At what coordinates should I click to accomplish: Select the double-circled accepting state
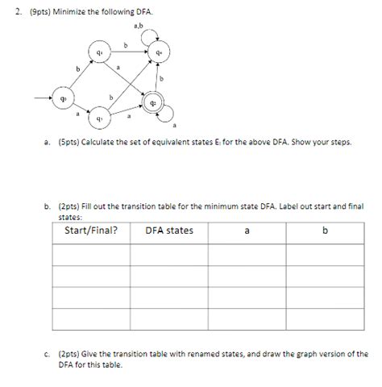point(155,104)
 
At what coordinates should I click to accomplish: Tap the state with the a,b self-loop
point(160,53)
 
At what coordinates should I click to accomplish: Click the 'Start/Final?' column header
point(91,231)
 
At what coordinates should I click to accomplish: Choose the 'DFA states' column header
point(169,231)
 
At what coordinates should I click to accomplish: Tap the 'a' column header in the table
point(247,231)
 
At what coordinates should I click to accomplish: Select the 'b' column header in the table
point(325,231)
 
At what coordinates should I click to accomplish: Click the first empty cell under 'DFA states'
point(169,253)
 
